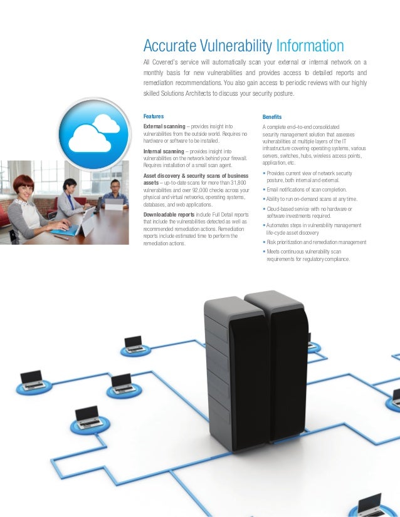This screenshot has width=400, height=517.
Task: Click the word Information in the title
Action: coord(309,46)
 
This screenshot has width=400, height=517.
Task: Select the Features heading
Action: coord(154,116)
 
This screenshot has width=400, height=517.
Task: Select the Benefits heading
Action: coord(272,117)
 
